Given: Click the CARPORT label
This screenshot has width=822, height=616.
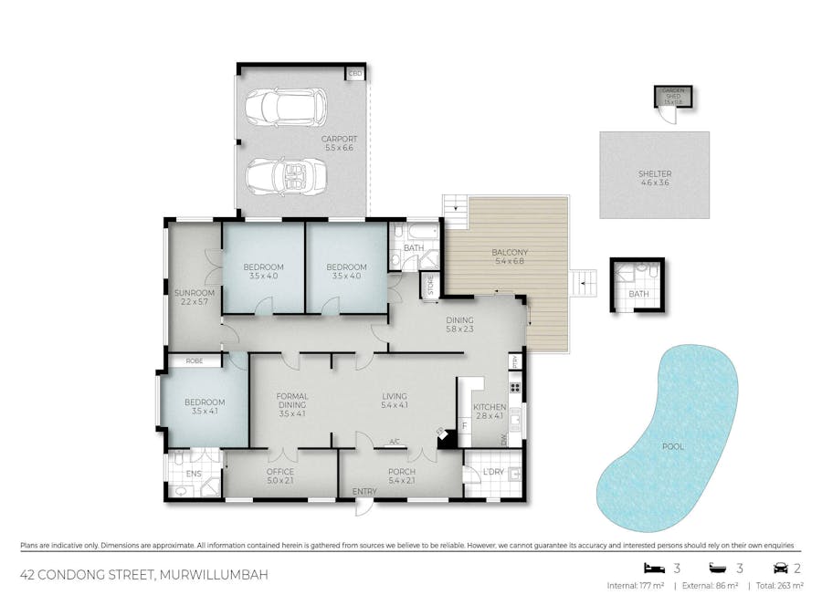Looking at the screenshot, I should pyautogui.click(x=338, y=139).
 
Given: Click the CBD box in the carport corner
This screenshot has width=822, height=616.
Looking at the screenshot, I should pyautogui.click(x=354, y=73).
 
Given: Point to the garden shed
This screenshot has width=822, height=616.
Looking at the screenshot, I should pyautogui.click(x=674, y=97).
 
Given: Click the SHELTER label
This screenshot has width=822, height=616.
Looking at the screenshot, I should pyautogui.click(x=655, y=173).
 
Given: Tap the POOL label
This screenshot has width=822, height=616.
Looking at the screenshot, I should pyautogui.click(x=673, y=446).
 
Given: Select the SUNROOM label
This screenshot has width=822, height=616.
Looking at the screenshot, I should pyautogui.click(x=194, y=293).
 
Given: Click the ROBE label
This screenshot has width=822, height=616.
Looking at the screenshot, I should pyautogui.click(x=194, y=361).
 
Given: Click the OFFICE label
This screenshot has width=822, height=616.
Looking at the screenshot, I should pyautogui.click(x=279, y=472).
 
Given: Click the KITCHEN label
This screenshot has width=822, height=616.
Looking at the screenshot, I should pyautogui.click(x=489, y=407).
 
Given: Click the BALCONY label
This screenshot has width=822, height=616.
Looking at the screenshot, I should pyautogui.click(x=510, y=253).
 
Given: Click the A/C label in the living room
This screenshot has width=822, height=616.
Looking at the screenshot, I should pyautogui.click(x=395, y=443).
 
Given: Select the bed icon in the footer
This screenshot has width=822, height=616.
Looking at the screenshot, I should pyautogui.click(x=652, y=567).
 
